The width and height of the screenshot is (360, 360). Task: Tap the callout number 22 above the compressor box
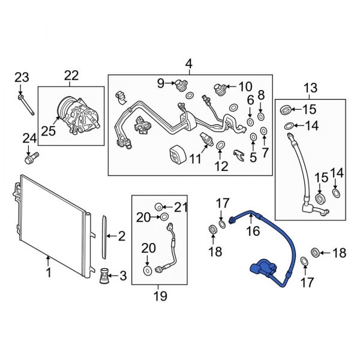[x=71, y=75]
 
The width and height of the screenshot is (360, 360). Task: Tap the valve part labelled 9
[x=179, y=84]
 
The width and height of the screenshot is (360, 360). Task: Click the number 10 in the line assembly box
[x=245, y=87]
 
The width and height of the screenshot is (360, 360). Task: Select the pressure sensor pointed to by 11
[x=206, y=138]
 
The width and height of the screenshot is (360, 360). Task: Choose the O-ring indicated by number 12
[x=220, y=145]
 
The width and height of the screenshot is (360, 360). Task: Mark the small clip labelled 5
[x=239, y=155]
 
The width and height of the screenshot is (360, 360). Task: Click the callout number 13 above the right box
[x=310, y=89]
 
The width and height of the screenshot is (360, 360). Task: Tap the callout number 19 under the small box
[x=160, y=296]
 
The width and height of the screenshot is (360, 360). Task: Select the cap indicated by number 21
[x=160, y=207]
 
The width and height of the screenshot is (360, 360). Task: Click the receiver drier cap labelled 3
[x=104, y=276]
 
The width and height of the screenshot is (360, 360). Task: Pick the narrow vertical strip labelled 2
[x=105, y=236]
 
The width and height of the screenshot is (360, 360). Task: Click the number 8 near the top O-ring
[x=261, y=95]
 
